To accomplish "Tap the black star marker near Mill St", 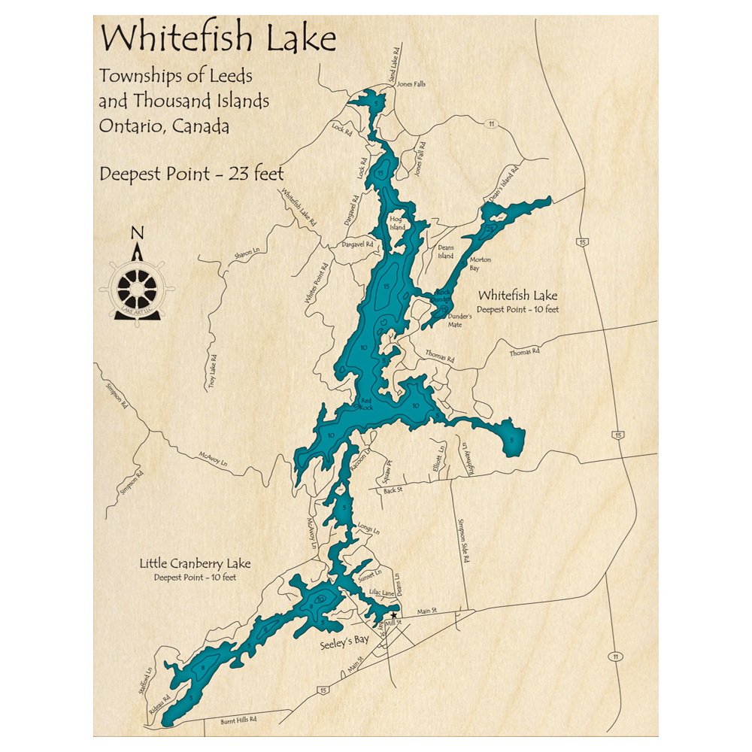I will [x=393, y=615].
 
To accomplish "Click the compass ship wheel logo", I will [x=138, y=288].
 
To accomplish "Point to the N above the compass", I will [x=137, y=232].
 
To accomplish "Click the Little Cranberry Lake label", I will [x=196, y=563].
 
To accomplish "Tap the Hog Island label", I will [x=397, y=223].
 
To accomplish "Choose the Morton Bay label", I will [x=480, y=264].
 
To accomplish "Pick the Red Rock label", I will [x=366, y=404].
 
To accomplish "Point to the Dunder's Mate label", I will [x=459, y=320].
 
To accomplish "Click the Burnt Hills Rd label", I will [x=239, y=721].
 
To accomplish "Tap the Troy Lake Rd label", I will [x=213, y=371].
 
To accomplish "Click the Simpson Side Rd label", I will [x=463, y=541].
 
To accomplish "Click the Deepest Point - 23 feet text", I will [x=192, y=174].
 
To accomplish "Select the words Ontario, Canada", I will [x=164, y=126].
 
